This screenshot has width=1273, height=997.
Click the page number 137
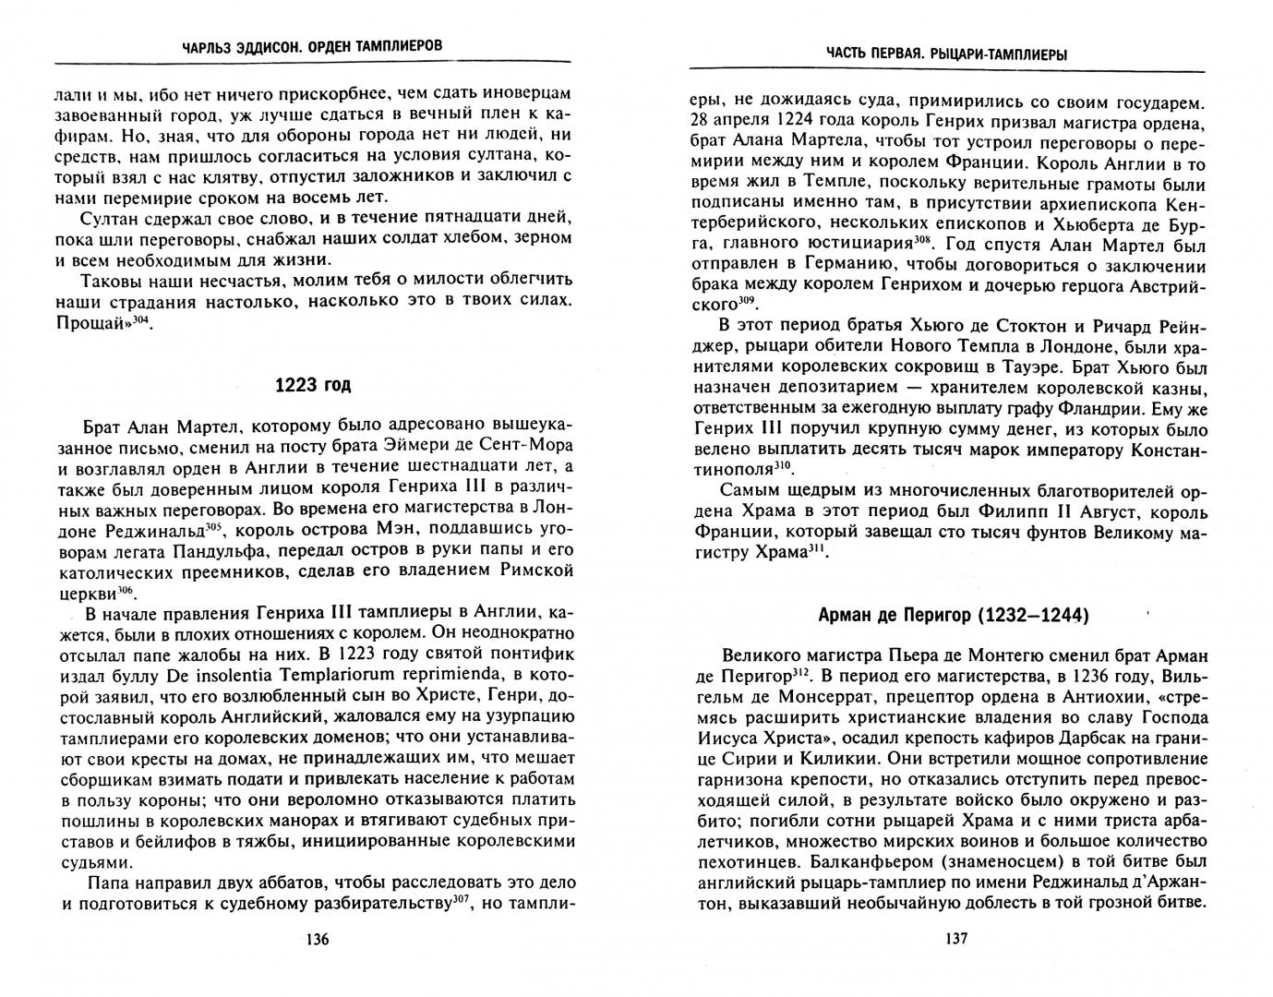pos(955,940)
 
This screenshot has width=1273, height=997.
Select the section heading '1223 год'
pos(313,385)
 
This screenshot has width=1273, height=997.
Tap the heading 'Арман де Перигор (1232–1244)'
pos(954,615)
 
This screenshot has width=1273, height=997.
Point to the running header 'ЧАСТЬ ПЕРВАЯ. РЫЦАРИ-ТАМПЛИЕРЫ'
pos(947,54)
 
